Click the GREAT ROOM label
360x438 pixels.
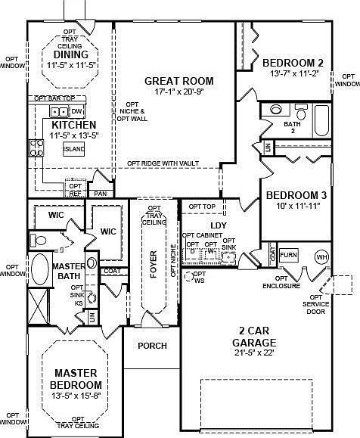178,81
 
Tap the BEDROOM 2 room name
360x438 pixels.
293,62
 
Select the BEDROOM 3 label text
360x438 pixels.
295,195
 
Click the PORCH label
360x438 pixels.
151,345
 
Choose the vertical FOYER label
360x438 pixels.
154,265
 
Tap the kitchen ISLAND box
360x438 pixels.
74,149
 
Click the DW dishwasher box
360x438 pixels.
76,112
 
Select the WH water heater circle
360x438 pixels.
321,256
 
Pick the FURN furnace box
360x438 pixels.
288,256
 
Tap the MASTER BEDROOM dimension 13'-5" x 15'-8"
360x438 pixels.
77,396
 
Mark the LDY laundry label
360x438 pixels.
219,226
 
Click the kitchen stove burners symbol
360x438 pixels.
35,148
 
